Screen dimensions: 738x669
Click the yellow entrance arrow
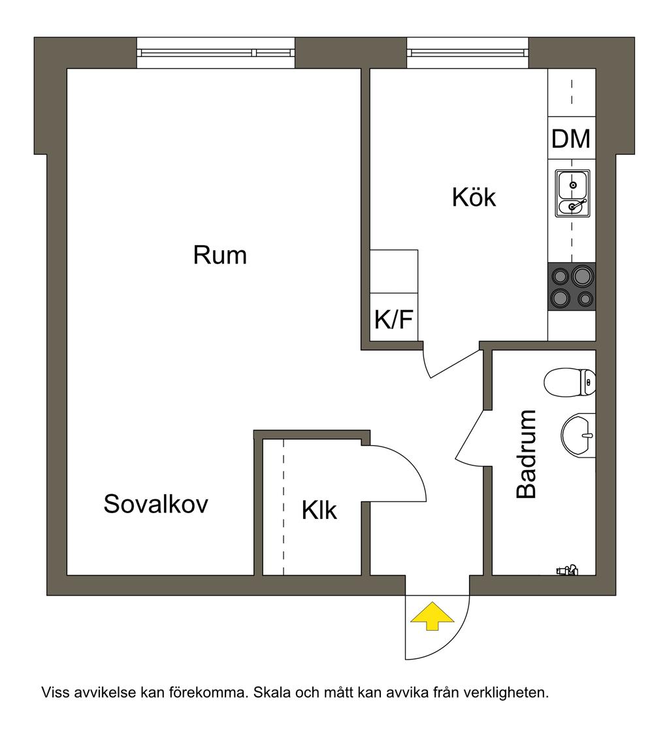point(431,616)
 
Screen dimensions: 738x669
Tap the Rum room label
point(220,255)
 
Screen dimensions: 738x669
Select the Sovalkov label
point(155,504)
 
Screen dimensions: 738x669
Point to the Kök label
point(474,197)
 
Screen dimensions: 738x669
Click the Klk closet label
point(319,510)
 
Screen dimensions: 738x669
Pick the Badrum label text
point(526,454)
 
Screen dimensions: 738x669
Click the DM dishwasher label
point(571,139)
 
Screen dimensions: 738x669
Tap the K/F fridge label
point(394,320)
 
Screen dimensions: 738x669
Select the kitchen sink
point(572,193)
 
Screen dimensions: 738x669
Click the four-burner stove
point(572,287)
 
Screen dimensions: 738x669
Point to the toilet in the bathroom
point(570,382)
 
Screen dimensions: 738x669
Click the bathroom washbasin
point(578,434)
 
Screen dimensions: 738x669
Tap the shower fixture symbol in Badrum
point(567,570)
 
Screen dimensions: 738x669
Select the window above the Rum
point(216,52)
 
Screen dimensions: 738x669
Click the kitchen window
point(467,52)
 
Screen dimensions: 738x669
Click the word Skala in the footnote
point(270,692)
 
